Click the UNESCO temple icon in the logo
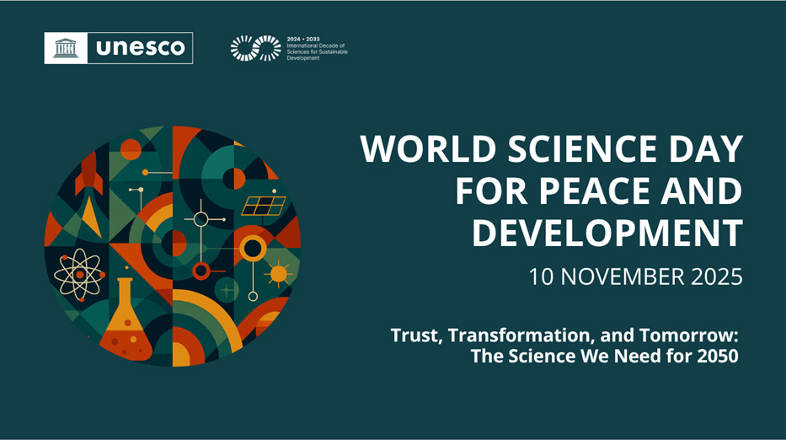(67, 48)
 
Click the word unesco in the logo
(139, 48)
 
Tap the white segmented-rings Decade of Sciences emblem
(255, 48)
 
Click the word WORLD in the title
(420, 150)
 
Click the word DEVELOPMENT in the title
(607, 233)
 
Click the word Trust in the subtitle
(415, 335)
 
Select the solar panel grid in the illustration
(264, 206)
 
